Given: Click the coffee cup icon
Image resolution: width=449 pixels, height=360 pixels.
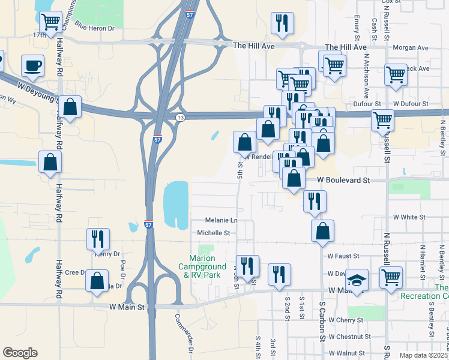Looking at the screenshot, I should pos(33,65).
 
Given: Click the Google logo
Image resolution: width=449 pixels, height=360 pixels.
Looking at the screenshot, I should pos(20,353).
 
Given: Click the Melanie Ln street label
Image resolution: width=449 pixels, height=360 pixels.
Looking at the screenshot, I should pos(221,220).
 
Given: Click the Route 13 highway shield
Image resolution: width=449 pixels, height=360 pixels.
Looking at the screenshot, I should pos(180,118).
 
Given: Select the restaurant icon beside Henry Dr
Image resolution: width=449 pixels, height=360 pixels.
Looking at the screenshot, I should pos(96,238).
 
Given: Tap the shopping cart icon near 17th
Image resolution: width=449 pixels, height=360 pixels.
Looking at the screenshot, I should pos(50,22).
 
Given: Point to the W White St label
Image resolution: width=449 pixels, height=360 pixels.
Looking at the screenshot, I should pos(409,217).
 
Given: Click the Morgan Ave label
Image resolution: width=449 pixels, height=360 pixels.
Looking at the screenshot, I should pos(411,47).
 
